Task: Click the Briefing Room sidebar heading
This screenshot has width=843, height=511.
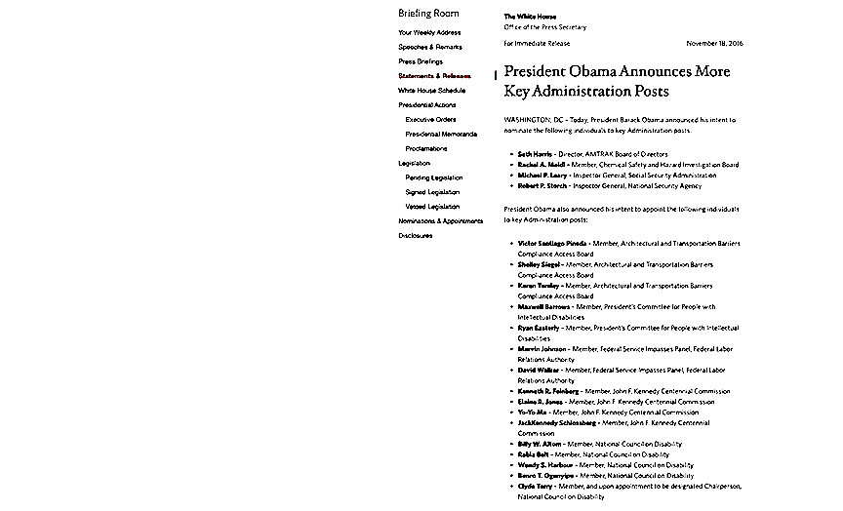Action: (428, 14)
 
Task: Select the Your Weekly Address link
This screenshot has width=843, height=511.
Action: (429, 32)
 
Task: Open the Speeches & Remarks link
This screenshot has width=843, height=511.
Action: (430, 47)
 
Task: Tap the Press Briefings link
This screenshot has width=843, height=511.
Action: (421, 61)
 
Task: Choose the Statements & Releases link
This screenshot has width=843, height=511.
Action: (434, 76)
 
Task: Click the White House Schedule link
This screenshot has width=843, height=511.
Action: (431, 90)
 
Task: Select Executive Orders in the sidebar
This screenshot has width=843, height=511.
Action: (430, 119)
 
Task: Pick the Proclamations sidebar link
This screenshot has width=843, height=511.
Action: (426, 148)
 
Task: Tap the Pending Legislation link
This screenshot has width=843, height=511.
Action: (434, 177)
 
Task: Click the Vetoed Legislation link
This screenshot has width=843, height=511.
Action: (432, 207)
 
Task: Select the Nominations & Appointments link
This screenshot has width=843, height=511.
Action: (440, 221)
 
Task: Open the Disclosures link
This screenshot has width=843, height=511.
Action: (416, 235)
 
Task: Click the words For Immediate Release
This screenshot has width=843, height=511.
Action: (537, 44)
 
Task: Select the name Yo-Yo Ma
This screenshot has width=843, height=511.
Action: (533, 413)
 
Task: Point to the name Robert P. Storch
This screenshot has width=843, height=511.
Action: (542, 185)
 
